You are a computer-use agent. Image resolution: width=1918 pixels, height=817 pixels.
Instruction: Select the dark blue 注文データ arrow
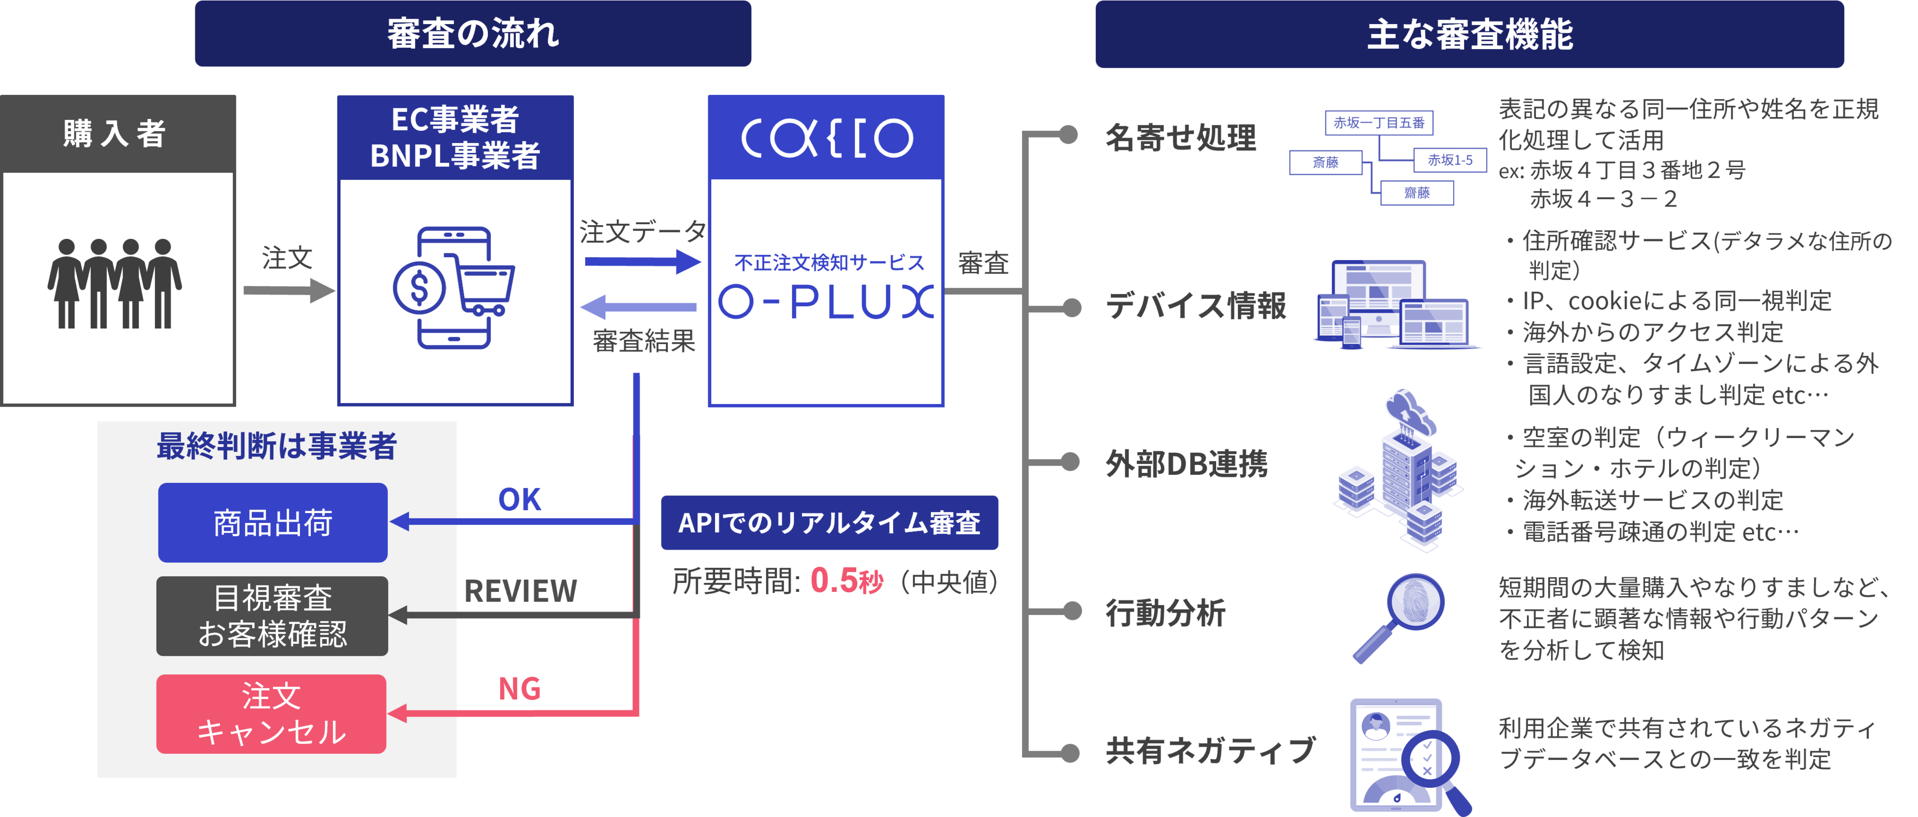(x=642, y=261)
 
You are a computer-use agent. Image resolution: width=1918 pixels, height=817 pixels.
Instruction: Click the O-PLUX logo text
(x=825, y=301)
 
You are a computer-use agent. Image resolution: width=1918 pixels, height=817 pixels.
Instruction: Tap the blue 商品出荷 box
(x=272, y=523)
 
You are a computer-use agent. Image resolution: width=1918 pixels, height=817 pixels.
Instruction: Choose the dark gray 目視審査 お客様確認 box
(x=272, y=616)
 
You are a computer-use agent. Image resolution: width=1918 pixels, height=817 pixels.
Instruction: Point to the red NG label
(x=519, y=689)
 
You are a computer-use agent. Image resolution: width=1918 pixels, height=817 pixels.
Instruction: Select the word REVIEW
(x=520, y=591)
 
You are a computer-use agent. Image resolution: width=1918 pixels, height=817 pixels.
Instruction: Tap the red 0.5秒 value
(x=846, y=581)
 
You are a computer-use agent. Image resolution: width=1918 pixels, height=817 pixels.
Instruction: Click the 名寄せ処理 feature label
(x=1180, y=138)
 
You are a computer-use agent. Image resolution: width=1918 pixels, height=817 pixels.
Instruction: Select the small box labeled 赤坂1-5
(x=1450, y=160)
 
